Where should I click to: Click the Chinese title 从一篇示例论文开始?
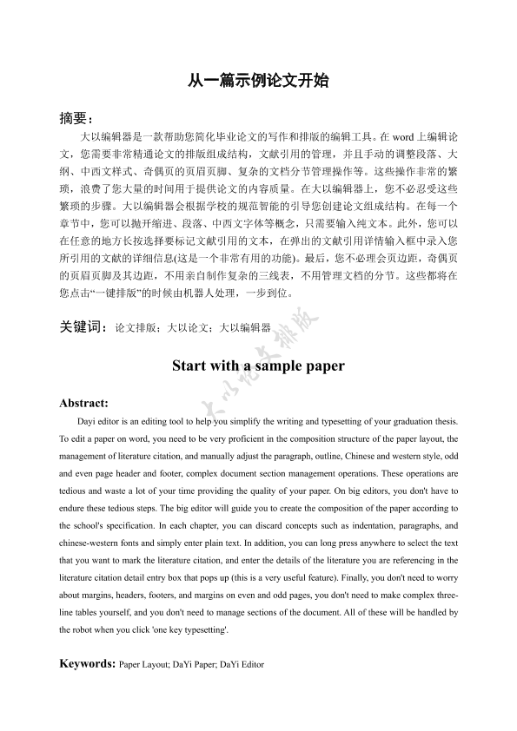(258, 81)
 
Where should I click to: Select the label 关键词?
(82, 327)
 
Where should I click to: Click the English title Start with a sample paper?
(258, 365)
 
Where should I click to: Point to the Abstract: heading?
(83, 403)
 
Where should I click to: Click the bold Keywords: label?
(87, 663)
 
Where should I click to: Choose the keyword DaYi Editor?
(242, 664)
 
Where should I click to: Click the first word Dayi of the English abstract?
(89, 422)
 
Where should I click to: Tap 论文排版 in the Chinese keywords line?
(137, 328)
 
